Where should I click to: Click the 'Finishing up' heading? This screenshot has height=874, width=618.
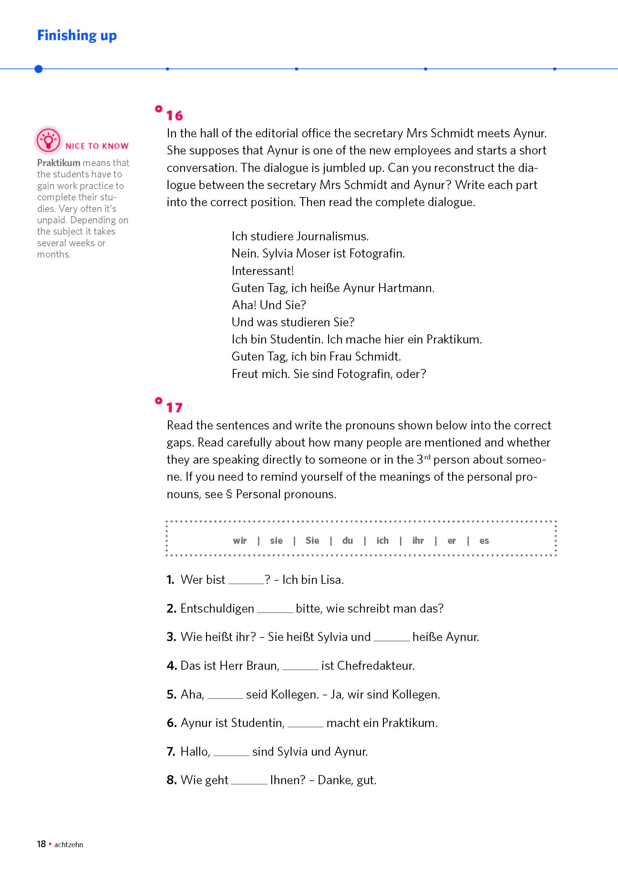77,36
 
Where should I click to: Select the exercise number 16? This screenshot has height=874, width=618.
174,115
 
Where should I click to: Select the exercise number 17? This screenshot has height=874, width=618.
174,407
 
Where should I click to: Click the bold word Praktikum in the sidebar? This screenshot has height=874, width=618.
59,163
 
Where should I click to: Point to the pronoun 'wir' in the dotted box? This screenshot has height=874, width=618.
240,541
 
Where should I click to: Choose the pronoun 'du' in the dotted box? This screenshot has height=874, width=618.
347,541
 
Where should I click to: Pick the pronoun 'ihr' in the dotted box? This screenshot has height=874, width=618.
418,541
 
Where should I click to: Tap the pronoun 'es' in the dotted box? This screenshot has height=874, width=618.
484,541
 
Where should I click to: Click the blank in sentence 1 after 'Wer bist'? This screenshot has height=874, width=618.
246,580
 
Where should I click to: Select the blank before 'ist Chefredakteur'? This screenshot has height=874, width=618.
300,666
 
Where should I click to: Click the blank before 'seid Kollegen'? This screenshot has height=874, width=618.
225,695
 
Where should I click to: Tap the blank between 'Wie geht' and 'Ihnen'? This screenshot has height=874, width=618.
249,781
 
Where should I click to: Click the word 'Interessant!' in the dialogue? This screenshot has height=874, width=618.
263,271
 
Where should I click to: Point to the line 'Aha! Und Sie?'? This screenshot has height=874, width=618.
269,305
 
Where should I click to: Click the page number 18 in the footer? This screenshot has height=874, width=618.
41,844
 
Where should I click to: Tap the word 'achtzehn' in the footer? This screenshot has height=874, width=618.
68,845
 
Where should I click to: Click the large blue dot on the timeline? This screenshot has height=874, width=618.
38,69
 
